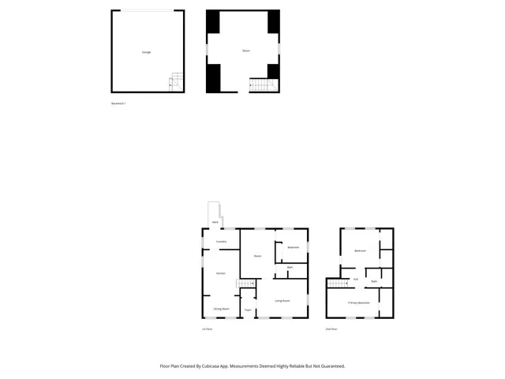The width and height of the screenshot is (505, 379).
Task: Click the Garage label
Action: tap(146, 52)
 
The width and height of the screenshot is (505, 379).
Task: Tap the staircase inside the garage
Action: tap(177, 80)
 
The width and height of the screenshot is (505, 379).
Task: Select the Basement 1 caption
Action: tap(118, 103)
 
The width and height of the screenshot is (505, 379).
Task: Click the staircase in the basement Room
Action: tap(258, 84)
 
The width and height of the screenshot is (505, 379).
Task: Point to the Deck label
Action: tap(215, 223)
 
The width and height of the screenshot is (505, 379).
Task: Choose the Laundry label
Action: tap(222, 242)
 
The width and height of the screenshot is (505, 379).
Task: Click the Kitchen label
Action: tap(221, 273)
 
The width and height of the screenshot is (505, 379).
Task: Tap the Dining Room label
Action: tap(221, 309)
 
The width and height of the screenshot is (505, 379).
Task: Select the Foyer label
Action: tap(247, 310)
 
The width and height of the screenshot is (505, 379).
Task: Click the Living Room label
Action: tap(282, 301)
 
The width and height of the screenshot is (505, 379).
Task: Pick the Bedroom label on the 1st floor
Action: tap(293, 248)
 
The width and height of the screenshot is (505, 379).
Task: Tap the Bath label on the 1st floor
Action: tap(290, 268)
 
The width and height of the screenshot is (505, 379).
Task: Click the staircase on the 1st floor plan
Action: tap(249, 284)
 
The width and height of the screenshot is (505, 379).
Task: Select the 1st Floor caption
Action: tap(208, 328)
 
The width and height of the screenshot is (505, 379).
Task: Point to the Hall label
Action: tap(356, 280)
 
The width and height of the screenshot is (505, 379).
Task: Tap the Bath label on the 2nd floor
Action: tap(374, 281)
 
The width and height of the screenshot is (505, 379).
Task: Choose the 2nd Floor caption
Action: tap(331, 328)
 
